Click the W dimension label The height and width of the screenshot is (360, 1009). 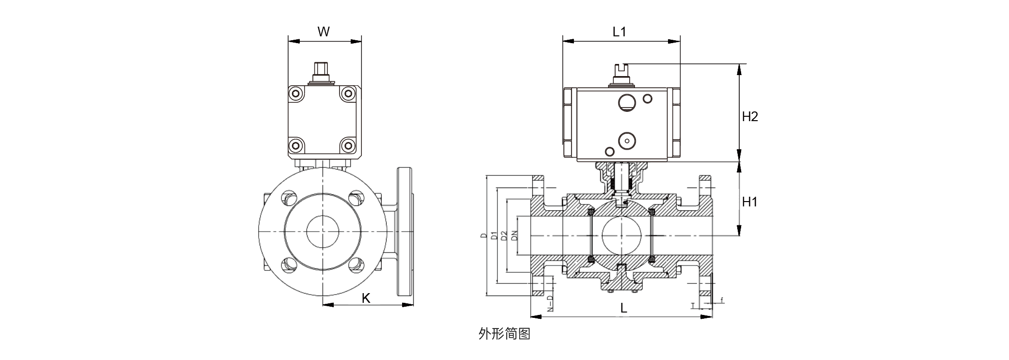[x=324, y=32]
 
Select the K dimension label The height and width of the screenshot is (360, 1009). [x=366, y=298]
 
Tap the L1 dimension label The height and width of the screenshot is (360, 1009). [x=620, y=32]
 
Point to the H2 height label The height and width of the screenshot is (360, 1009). [x=750, y=116]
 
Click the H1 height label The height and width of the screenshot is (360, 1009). [x=750, y=202]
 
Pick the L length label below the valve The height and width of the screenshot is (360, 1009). [x=624, y=308]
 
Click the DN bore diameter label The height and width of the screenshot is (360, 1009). [x=514, y=235]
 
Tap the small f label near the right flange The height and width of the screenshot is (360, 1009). [x=722, y=300]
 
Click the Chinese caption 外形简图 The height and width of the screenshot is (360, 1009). [x=504, y=334]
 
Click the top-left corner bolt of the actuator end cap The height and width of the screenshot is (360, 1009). [x=295, y=94]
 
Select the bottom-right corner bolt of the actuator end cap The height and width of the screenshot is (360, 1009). [x=347, y=145]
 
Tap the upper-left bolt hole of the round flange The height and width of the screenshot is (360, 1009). [x=290, y=199]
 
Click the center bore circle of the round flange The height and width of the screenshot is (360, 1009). [x=322, y=232]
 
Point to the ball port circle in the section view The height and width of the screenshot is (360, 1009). [x=621, y=235]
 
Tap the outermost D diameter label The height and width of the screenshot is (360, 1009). [x=483, y=235]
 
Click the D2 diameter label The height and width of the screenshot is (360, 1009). [x=504, y=235]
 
